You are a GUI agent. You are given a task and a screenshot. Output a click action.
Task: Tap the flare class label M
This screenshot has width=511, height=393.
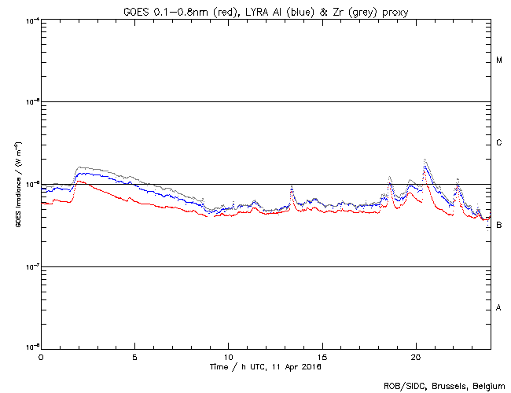point(499,61)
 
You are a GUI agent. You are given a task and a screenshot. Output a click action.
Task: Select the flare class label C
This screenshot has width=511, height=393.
point(499,143)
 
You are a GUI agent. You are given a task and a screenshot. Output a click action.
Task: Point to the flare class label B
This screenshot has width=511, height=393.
point(499,226)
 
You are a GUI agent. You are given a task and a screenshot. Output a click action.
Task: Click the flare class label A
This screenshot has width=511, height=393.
point(499,308)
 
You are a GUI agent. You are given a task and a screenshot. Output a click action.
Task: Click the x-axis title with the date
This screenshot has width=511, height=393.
point(266,366)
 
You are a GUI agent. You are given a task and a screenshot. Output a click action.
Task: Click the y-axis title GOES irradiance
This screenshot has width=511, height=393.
point(15,184)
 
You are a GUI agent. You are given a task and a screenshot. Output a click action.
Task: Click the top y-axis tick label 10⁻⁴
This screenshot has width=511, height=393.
point(31,20)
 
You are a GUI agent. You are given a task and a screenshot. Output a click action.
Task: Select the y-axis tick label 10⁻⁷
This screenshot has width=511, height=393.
point(31,266)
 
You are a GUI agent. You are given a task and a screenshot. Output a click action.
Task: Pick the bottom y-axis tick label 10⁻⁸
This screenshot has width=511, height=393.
point(31,347)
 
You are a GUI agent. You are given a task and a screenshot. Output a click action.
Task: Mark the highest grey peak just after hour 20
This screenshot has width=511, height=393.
point(425,160)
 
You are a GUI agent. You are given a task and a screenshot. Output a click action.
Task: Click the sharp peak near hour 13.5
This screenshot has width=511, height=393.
point(292,186)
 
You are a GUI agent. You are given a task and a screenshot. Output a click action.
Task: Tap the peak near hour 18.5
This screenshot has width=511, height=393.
point(390,178)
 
